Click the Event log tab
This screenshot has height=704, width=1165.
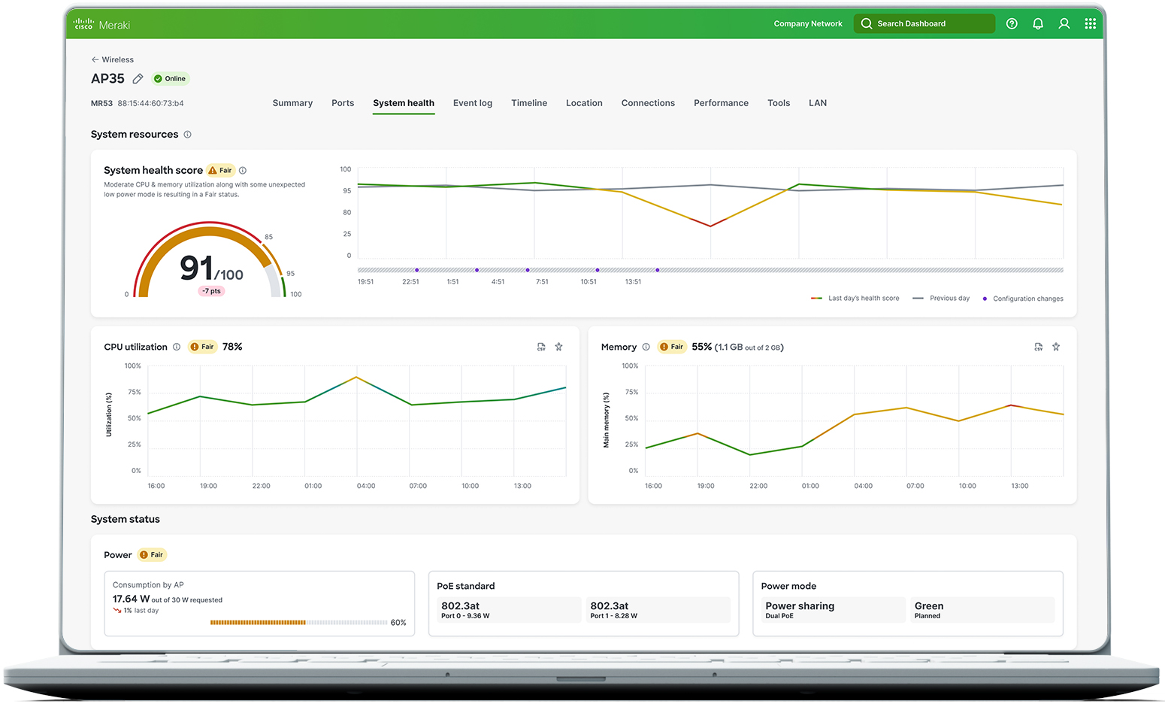tap(472, 103)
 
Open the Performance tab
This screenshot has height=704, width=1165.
tap(721, 103)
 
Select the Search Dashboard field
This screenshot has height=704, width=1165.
tap(924, 24)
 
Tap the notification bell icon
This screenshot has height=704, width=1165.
tap(1038, 24)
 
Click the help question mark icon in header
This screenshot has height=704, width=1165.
tap(1012, 24)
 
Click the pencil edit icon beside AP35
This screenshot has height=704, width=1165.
tap(138, 79)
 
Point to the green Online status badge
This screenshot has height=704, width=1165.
tap(171, 79)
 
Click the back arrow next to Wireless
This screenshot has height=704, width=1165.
tap(95, 59)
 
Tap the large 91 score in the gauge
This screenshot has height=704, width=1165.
tap(197, 269)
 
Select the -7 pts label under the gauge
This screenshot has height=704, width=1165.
tap(211, 291)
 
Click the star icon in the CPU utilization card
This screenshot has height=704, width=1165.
tap(558, 347)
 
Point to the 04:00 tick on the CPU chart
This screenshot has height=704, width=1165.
tap(366, 486)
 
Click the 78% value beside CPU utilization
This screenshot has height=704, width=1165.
tap(232, 347)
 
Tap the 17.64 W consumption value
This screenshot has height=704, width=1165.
tap(132, 599)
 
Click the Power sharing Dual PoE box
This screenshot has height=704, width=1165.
tap(832, 610)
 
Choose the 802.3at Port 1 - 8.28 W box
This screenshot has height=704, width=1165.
tap(658, 610)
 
